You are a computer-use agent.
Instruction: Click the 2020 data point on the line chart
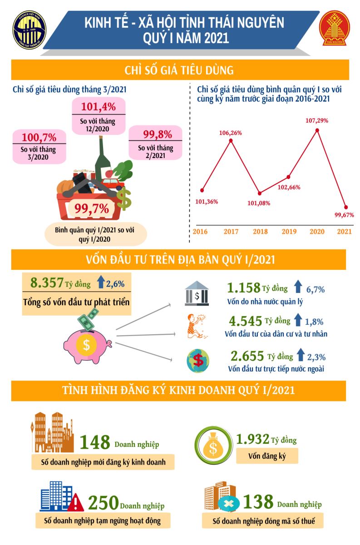[x=317, y=130]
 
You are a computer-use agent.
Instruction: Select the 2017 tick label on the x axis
[x=231, y=232]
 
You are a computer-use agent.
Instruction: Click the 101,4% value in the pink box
[x=99, y=107]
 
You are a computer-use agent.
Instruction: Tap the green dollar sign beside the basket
[x=123, y=198]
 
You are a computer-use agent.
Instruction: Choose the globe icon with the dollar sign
[x=198, y=360]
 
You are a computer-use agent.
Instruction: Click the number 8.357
[x=47, y=283]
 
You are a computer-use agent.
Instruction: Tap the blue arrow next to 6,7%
[x=298, y=287]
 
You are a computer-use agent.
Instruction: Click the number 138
[x=258, y=502]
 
